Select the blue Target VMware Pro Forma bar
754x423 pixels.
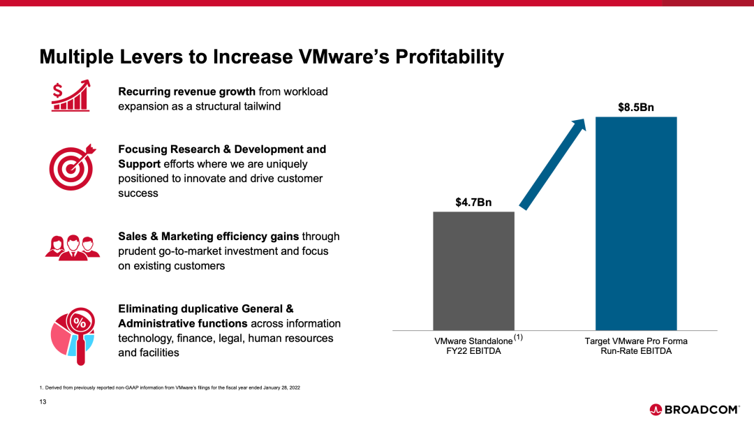[x=635, y=223]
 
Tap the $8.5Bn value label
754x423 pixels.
[x=636, y=108]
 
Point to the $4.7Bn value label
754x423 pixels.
[x=473, y=203]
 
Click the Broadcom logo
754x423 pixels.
[x=694, y=410]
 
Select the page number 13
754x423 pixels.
[x=43, y=401]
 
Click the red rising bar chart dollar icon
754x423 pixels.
[x=71, y=96]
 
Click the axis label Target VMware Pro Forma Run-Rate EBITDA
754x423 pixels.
[x=636, y=346]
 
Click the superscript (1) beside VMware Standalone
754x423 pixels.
[x=519, y=338]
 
